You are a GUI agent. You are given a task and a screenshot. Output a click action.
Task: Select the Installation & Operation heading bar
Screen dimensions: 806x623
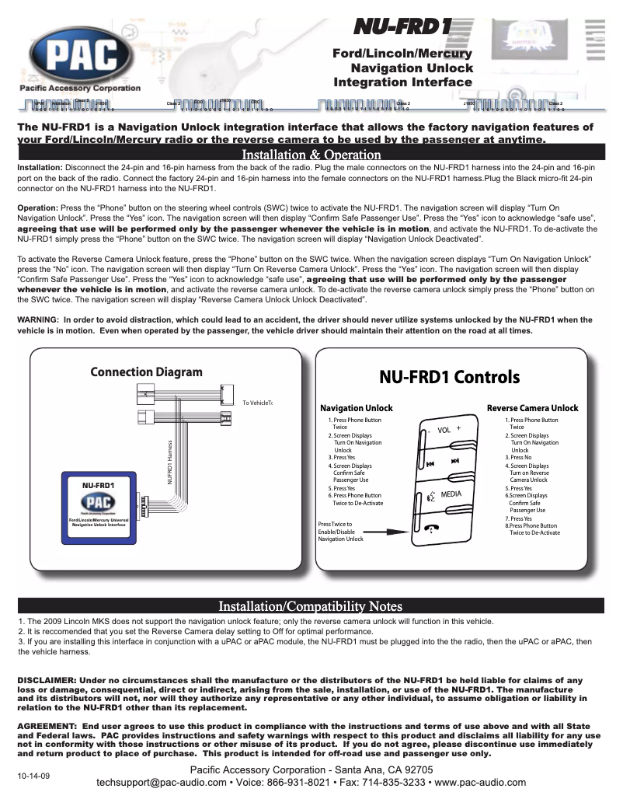pyautogui.click(x=311, y=155)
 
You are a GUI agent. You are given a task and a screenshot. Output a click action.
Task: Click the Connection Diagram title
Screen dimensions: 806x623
pyautogui.click(x=146, y=372)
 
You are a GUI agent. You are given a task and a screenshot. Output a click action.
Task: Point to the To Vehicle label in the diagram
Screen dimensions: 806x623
pyautogui.click(x=258, y=403)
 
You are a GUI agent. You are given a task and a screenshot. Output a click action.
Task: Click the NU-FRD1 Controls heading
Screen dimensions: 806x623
pyautogui.click(x=449, y=377)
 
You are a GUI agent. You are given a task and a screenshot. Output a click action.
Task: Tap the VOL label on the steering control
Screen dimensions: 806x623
pyautogui.click(x=444, y=431)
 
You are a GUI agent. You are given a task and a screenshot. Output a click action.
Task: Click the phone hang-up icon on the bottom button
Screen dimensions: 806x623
pyautogui.click(x=433, y=528)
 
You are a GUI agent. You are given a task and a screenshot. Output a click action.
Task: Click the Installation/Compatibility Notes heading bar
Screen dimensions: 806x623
pyautogui.click(x=311, y=605)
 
